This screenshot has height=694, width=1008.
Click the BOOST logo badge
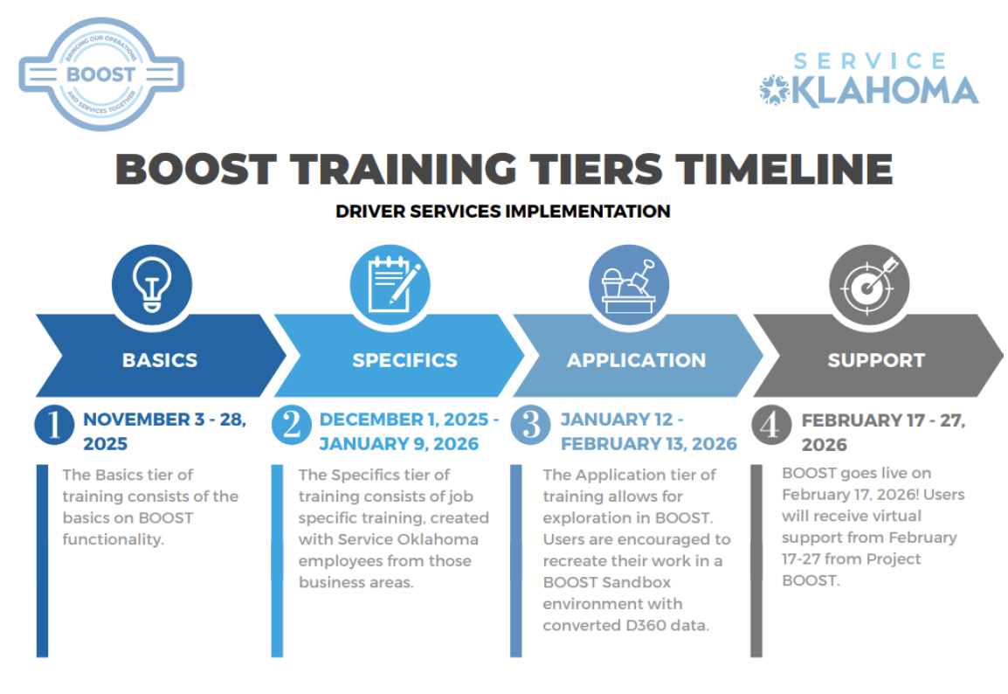coord(100,75)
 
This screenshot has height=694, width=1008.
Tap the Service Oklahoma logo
coord(869,80)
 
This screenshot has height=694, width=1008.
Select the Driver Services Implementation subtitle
coord(503,212)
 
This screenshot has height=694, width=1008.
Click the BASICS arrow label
coord(160,360)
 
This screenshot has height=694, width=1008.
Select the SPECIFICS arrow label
coord(404,360)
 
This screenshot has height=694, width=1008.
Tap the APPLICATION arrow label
coord(636,360)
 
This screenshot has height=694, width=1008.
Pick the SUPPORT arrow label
coord(875,360)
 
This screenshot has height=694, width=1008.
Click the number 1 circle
coord(54,425)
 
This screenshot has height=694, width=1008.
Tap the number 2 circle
coord(292,425)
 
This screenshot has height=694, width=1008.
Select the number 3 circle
coord(531,425)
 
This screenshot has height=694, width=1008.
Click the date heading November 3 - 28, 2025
coord(164,431)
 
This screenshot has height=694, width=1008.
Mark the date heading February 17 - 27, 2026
coord(882,432)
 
